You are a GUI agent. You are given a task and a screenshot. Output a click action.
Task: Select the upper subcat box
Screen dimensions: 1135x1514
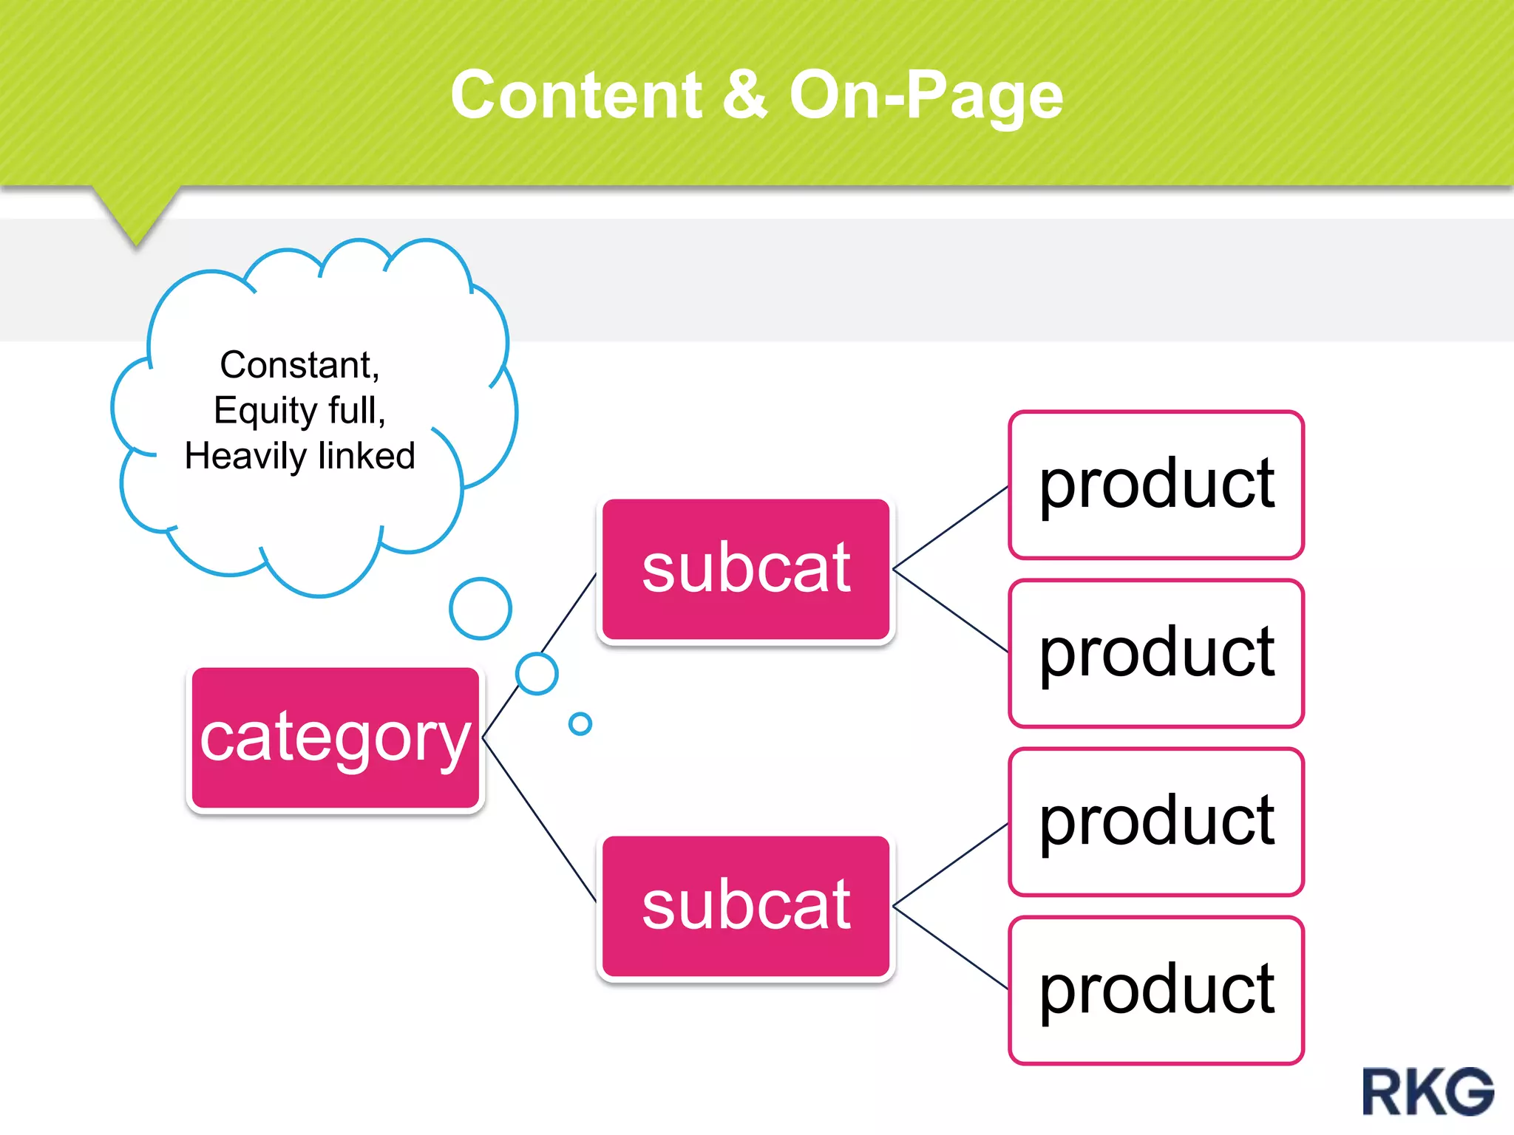(x=745, y=569)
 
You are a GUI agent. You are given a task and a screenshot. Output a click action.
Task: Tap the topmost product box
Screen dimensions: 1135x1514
(x=1156, y=485)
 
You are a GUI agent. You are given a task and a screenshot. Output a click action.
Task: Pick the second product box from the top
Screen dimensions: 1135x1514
(x=1156, y=653)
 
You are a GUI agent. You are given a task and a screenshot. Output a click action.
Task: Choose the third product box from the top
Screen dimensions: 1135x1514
(x=1156, y=822)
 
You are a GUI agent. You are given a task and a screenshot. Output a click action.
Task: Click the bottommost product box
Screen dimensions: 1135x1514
(x=1156, y=990)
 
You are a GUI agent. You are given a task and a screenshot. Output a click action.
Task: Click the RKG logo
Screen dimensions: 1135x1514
(x=1428, y=1091)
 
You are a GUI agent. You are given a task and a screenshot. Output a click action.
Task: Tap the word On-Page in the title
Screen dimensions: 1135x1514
(x=926, y=96)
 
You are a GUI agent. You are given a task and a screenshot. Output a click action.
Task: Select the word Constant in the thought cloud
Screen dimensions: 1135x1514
(x=299, y=365)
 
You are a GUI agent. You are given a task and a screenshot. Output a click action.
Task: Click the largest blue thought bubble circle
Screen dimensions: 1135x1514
(x=481, y=608)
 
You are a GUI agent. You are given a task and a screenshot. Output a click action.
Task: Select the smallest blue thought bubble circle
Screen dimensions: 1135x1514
(x=580, y=723)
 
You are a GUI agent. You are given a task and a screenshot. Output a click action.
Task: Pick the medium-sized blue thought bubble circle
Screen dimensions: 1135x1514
(x=537, y=673)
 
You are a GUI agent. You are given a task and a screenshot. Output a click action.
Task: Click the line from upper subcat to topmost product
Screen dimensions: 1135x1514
(x=951, y=528)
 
